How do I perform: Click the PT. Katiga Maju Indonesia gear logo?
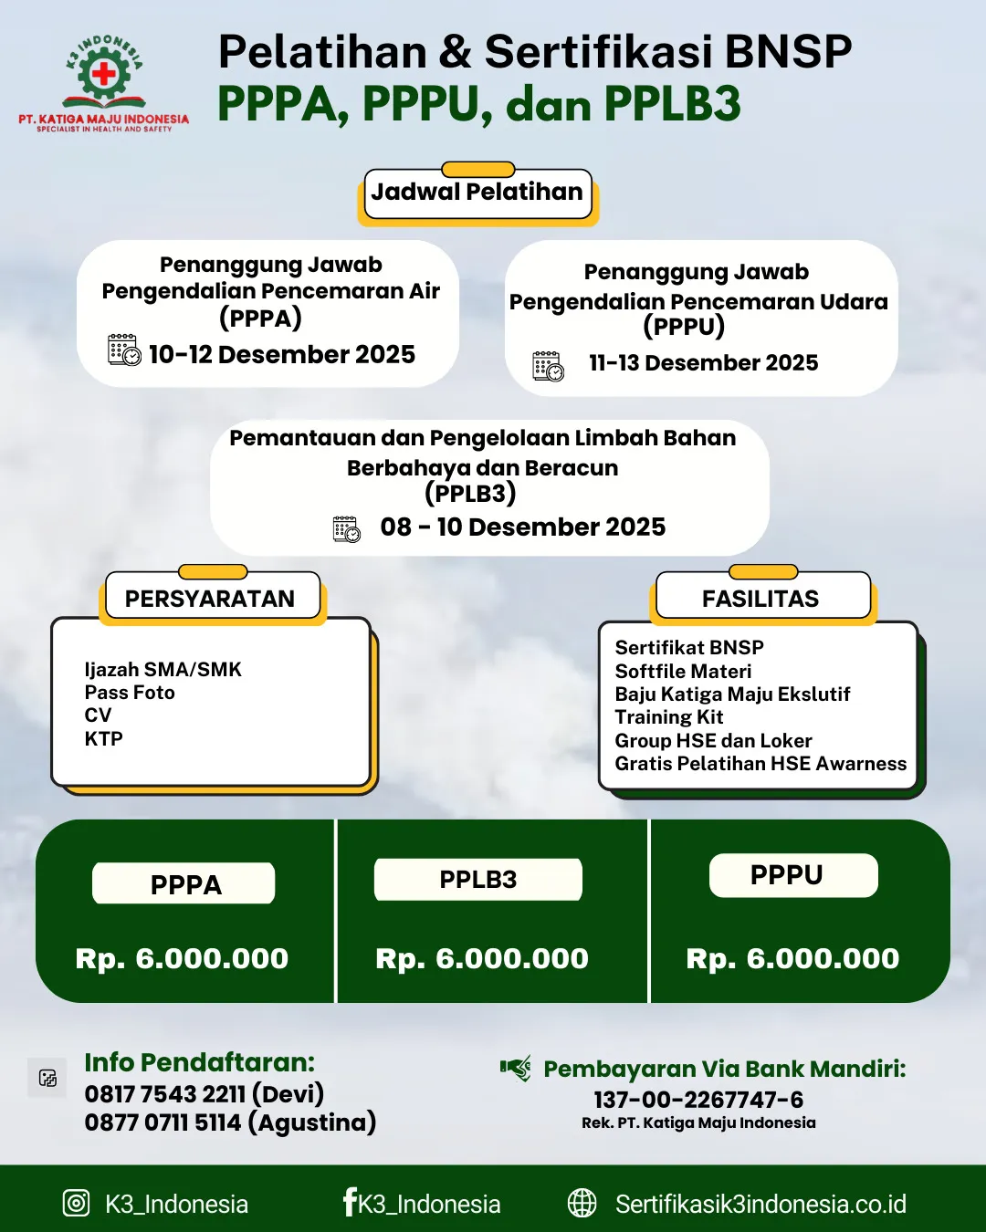[104, 74]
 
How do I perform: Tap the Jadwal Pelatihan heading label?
[477, 193]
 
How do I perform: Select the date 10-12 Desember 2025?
[281, 354]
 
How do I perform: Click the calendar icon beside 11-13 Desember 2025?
[548, 366]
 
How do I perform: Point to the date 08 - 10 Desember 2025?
[522, 527]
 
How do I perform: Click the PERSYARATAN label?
[210, 599]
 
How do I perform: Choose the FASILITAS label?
[760, 599]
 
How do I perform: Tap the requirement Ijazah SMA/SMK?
[163, 670]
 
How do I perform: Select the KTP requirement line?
[104, 739]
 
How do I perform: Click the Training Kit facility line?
[669, 717]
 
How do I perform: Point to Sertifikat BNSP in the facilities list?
[689, 648]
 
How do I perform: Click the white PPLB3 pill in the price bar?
[477, 880]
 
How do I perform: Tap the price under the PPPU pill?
[792, 958]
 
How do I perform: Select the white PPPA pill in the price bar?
[184, 884]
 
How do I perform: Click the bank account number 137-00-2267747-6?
[698, 1100]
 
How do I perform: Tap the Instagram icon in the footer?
[76, 1204]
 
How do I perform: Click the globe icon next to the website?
[582, 1204]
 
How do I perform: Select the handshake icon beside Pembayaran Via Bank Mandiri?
[516, 1068]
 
